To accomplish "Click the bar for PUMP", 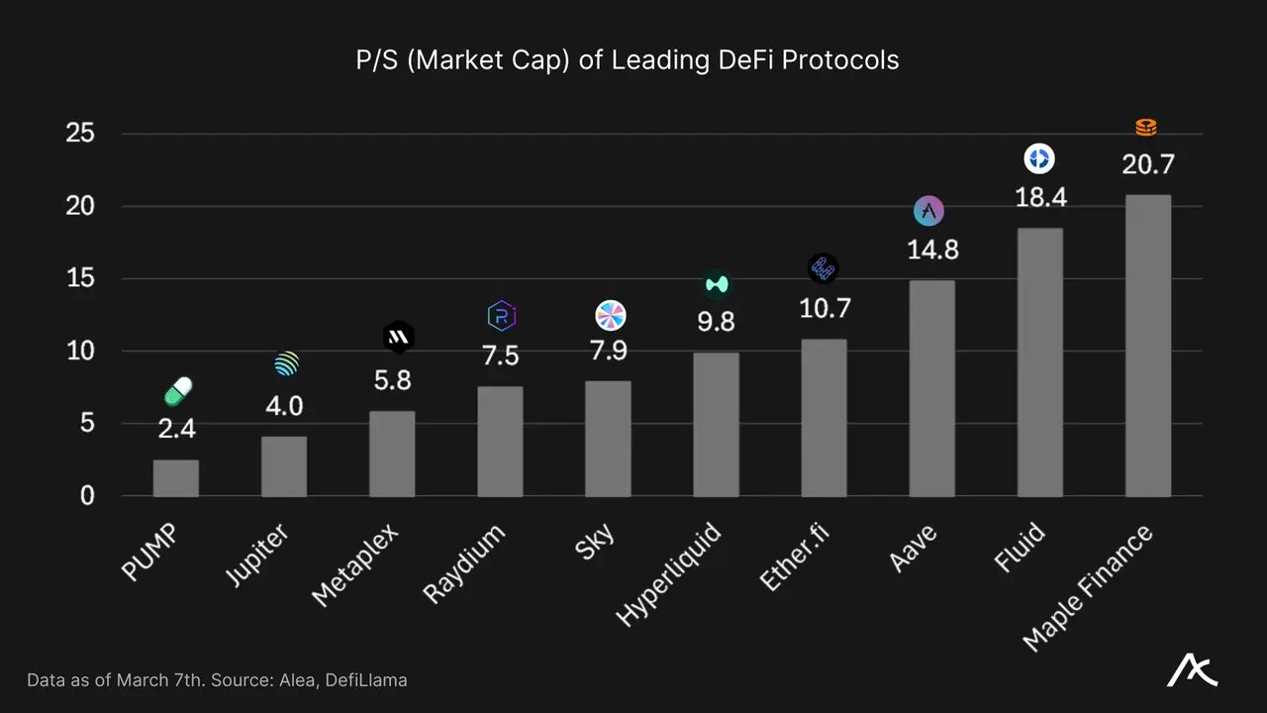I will coord(175,477).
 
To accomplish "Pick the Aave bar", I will coord(932,388).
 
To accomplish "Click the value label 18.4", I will coord(1040,198).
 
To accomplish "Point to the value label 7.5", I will coord(500,356).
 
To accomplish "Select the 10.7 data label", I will coord(825,308).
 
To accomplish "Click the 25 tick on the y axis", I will coord(79,134).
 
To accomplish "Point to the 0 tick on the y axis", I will coord(87,495).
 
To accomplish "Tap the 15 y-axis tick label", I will coord(79,278).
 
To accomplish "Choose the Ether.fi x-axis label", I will coord(796,560).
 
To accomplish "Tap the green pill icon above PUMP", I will coord(178,391).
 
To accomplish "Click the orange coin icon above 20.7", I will coord(1145,128).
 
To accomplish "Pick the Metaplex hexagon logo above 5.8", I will coord(398,338).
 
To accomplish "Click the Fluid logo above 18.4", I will coord(1038,158).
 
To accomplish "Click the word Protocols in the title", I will coord(840,60).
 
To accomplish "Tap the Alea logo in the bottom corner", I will coord(1192,671).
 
